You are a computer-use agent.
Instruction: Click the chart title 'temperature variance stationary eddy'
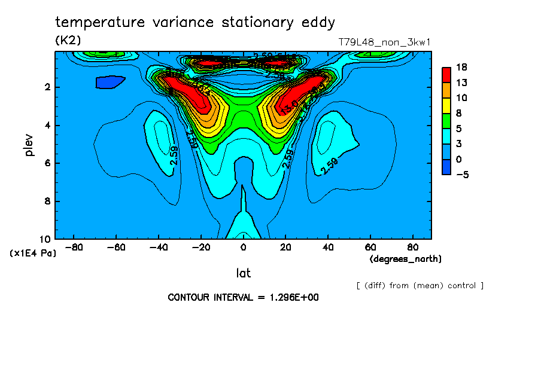point(195,23)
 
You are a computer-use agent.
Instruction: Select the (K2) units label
point(68,40)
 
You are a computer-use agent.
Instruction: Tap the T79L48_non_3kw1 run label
point(384,42)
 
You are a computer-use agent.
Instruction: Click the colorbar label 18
point(461,66)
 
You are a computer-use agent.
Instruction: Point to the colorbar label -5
point(461,175)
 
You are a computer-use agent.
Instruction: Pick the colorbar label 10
point(461,97)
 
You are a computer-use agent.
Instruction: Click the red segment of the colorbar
point(446,74)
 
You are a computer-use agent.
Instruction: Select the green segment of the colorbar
point(446,121)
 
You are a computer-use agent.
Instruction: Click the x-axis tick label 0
point(243,247)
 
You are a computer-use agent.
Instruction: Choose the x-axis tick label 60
point(370,247)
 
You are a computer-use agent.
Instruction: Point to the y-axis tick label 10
point(46,239)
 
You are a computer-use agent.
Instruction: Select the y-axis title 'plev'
point(29,145)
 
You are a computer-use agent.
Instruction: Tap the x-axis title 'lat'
point(243,273)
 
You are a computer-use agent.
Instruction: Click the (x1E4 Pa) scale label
point(33,253)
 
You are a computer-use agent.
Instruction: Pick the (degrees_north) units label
point(406,259)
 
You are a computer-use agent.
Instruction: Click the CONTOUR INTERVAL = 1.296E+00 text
point(243,298)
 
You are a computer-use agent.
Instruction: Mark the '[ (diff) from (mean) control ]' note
point(420,286)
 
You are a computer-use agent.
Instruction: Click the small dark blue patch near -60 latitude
point(110,82)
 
